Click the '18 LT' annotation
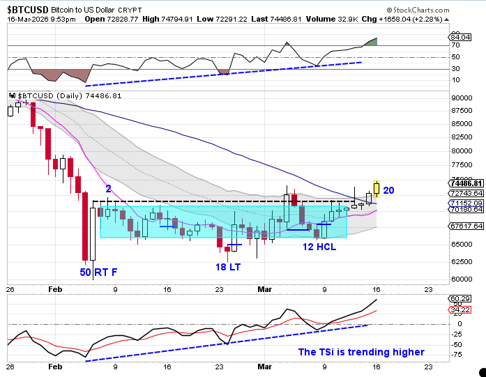point(228,267)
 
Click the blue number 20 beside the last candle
point(389,190)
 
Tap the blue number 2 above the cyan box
point(109,189)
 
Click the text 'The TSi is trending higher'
point(361,352)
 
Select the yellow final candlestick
point(377,187)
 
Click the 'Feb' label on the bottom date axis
point(56,366)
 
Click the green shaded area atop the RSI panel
point(372,42)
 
